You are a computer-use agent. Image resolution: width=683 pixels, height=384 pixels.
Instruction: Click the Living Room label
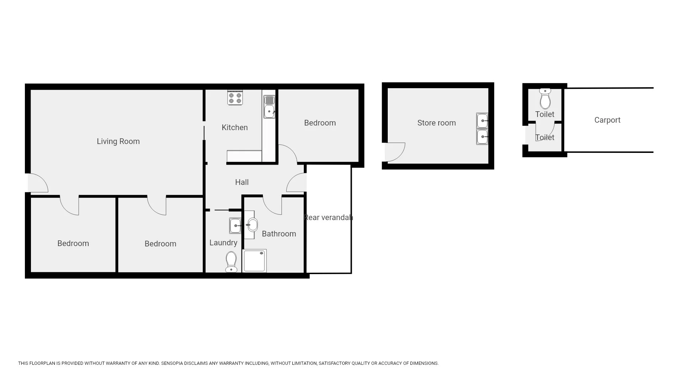pyautogui.click(x=118, y=141)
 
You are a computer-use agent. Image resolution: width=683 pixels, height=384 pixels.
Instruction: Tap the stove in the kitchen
pyautogui.click(x=235, y=98)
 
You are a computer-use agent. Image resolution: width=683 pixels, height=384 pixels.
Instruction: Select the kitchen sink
pyautogui.click(x=269, y=107)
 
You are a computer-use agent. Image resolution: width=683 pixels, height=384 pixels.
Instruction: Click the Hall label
pyautogui.click(x=242, y=182)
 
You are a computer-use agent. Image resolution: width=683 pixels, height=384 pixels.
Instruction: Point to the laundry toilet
pyautogui.click(x=231, y=262)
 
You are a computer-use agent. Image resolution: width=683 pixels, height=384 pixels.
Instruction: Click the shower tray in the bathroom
pyautogui.click(x=254, y=261)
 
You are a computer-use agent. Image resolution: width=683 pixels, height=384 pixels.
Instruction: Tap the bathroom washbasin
pyautogui.click(x=252, y=225)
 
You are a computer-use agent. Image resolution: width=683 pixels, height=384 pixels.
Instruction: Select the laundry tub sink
pyautogui.click(x=235, y=226)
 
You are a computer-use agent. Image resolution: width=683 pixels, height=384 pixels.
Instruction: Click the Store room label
pyautogui.click(x=436, y=123)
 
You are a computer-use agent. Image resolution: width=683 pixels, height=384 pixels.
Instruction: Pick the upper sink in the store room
pyautogui.click(x=482, y=121)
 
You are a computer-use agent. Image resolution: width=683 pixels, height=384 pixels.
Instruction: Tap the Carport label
pyautogui.click(x=607, y=120)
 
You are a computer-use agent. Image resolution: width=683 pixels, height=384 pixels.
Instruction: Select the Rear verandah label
pyautogui.click(x=328, y=217)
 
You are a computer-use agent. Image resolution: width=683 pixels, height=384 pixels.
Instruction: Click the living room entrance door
pyautogui.click(x=38, y=183)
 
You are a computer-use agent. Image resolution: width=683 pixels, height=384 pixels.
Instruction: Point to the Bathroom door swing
pyautogui.click(x=272, y=205)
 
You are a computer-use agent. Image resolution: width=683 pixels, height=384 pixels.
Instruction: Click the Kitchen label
pyautogui.click(x=234, y=127)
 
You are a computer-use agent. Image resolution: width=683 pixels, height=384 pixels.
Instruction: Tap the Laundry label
pyautogui.click(x=223, y=242)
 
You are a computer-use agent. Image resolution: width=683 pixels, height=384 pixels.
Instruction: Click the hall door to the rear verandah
pyautogui.click(x=297, y=182)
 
